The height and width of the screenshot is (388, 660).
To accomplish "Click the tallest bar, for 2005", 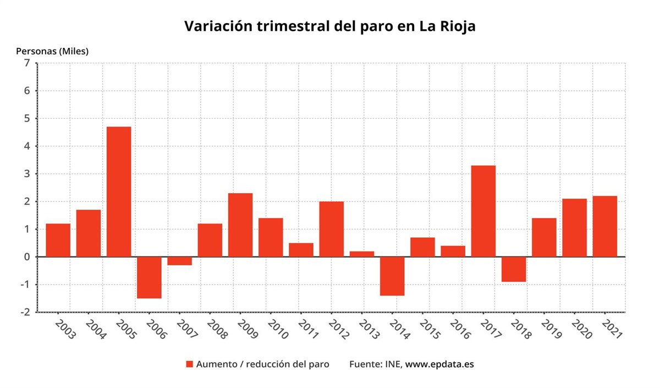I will [119, 192].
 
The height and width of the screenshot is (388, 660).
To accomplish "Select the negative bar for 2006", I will [149, 277].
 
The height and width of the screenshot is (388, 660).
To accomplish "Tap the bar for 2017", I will [483, 211].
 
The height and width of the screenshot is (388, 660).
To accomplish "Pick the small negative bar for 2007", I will [179, 261].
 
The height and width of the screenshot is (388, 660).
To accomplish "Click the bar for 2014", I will [392, 276].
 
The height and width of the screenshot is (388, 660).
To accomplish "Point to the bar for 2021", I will [604, 226].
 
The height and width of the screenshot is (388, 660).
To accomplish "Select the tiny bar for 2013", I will [362, 254].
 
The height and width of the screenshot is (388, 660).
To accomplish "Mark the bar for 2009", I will [240, 225].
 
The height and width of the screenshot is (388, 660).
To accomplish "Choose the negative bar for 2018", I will [514, 269].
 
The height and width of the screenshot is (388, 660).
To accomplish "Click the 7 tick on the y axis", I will [27, 63].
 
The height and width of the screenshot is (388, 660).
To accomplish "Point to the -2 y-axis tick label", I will [25, 312].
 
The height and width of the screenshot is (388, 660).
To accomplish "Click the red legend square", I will [189, 364].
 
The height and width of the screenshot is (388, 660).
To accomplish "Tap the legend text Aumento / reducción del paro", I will [263, 364].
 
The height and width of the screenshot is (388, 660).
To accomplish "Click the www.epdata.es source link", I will [439, 364].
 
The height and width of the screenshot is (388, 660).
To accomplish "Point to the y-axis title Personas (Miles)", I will [52, 51].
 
